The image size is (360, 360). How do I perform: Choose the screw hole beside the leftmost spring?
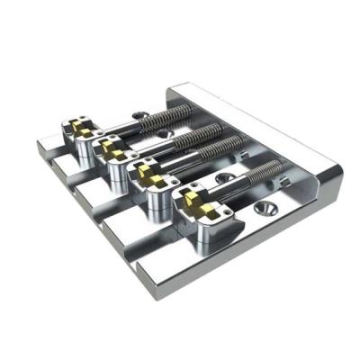point(140,113)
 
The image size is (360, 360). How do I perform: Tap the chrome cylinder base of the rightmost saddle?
point(200,231)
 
